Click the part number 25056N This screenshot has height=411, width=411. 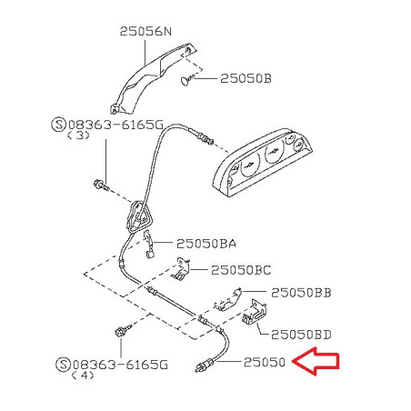(145, 31)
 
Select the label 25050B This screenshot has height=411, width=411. (246, 78)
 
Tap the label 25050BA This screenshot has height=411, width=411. (206, 244)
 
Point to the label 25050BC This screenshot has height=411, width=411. (241, 270)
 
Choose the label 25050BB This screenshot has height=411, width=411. (301, 293)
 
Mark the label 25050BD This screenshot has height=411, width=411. (301, 335)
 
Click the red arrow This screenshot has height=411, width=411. (316, 361)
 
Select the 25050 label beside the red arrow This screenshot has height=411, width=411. (265, 362)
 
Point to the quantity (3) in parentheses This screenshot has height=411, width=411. (78, 135)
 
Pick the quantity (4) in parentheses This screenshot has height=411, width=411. (83, 376)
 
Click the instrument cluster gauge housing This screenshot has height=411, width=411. (262, 162)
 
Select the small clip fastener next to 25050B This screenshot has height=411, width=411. (187, 80)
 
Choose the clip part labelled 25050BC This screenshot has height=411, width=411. (181, 268)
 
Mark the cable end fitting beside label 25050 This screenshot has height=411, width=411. (205, 365)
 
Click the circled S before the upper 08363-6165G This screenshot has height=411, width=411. (59, 125)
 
